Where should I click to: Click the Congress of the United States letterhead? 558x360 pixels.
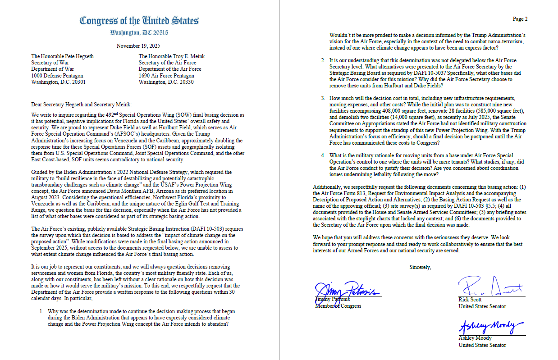click(139, 21)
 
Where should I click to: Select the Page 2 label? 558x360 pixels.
click(520, 19)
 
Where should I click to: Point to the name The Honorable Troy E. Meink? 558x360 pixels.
click(172, 56)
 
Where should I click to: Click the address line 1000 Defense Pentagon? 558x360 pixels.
click(58, 75)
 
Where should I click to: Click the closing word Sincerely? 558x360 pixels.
click(420, 267)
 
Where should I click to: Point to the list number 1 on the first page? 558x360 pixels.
click(41, 311)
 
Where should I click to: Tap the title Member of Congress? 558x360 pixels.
click(338, 306)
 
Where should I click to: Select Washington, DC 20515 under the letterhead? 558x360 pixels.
click(139, 33)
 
